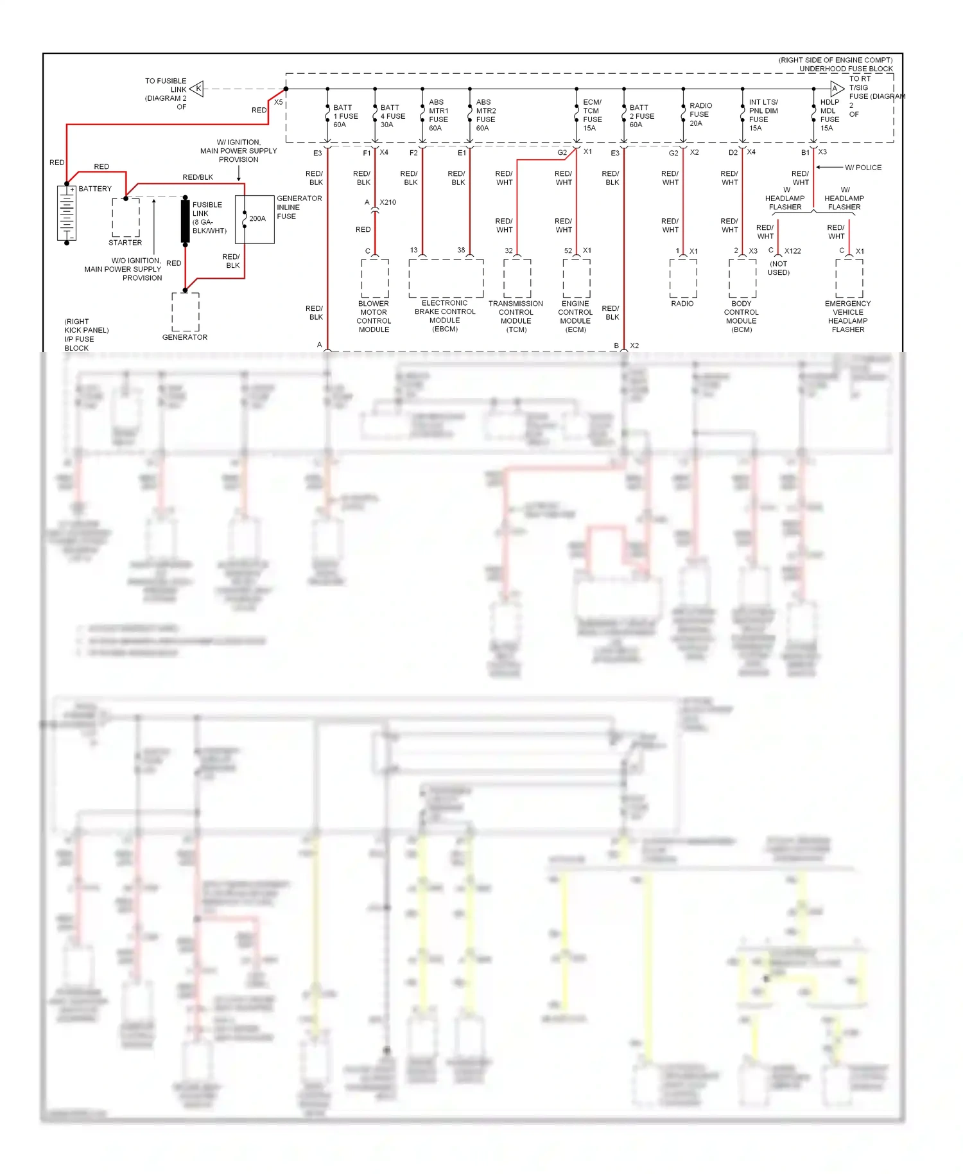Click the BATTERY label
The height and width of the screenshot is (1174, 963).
pos(95,189)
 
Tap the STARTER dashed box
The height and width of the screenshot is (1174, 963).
pos(126,218)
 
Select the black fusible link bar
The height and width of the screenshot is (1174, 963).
pos(186,221)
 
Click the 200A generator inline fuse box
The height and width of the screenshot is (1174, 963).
pos(255,220)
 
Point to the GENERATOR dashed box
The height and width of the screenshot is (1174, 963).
pos(186,312)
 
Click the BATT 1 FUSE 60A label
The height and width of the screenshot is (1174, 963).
pos(345,116)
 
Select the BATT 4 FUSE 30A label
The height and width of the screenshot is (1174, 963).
pos(392,116)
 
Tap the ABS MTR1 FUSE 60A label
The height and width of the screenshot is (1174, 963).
pos(438,115)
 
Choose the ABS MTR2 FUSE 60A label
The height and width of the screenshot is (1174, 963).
pos(485,115)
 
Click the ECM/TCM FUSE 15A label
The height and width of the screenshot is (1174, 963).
pos(592,115)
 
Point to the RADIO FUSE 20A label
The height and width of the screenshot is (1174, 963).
pos(700,114)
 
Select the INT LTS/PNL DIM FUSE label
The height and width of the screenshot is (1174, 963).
pos(763,115)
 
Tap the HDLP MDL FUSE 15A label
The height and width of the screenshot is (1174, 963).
pos(829,115)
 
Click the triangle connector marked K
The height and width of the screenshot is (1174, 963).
pos(197,89)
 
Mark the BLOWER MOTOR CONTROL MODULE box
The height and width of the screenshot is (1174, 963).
pos(375,279)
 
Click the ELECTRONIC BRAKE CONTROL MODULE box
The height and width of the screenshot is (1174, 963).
pos(446,279)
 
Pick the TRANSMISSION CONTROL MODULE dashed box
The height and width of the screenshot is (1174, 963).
pos(517,279)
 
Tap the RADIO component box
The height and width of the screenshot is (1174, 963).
pos(683,279)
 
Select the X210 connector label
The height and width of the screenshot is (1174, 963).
pos(388,202)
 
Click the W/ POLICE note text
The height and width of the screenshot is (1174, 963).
pos(863,168)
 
